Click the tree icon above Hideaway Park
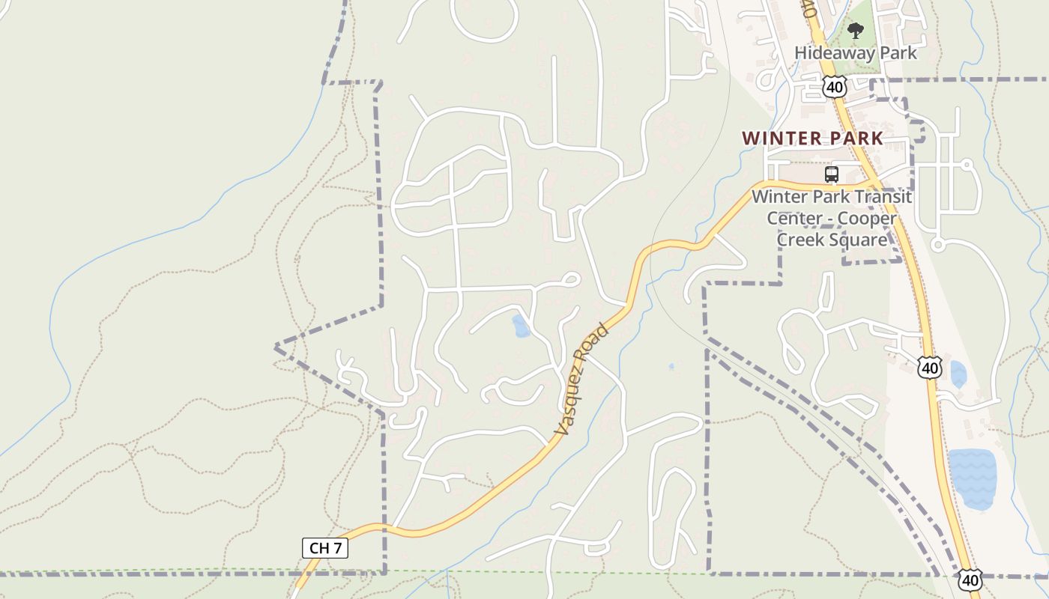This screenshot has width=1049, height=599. [855, 31]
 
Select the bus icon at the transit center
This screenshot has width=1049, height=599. [831, 174]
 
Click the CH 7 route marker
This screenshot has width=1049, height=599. [325, 548]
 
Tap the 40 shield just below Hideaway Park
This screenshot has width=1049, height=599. [834, 87]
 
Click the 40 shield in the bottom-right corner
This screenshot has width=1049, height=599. [970, 580]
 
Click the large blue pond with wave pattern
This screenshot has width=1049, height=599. [972, 478]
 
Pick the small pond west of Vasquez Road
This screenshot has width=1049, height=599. [520, 326]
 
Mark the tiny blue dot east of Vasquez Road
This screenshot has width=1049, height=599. [671, 367]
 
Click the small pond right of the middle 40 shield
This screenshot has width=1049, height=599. [958, 374]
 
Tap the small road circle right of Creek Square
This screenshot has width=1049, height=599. [937, 244]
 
